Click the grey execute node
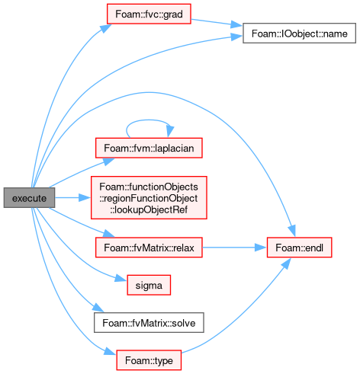click(x=29, y=198)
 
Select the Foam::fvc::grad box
click(x=149, y=14)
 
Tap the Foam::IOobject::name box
click(x=299, y=34)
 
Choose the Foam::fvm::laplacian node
click(x=149, y=148)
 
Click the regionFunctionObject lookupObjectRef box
click(x=149, y=198)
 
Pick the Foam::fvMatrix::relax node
click(x=149, y=248)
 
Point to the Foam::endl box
click(x=299, y=248)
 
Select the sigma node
click(x=149, y=285)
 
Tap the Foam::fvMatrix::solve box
click(x=149, y=323)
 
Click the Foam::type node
click(x=149, y=360)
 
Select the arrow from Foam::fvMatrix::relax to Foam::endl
click(x=234, y=248)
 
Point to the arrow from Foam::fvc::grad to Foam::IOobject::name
click(x=216, y=22)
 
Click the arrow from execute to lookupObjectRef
click(x=72, y=197)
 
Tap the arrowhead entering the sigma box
click(x=121, y=278)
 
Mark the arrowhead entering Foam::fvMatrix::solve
click(x=98, y=308)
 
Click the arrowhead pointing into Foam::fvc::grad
click(x=105, y=28)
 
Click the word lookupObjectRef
click(x=149, y=209)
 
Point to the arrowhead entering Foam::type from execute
click(x=111, y=351)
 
